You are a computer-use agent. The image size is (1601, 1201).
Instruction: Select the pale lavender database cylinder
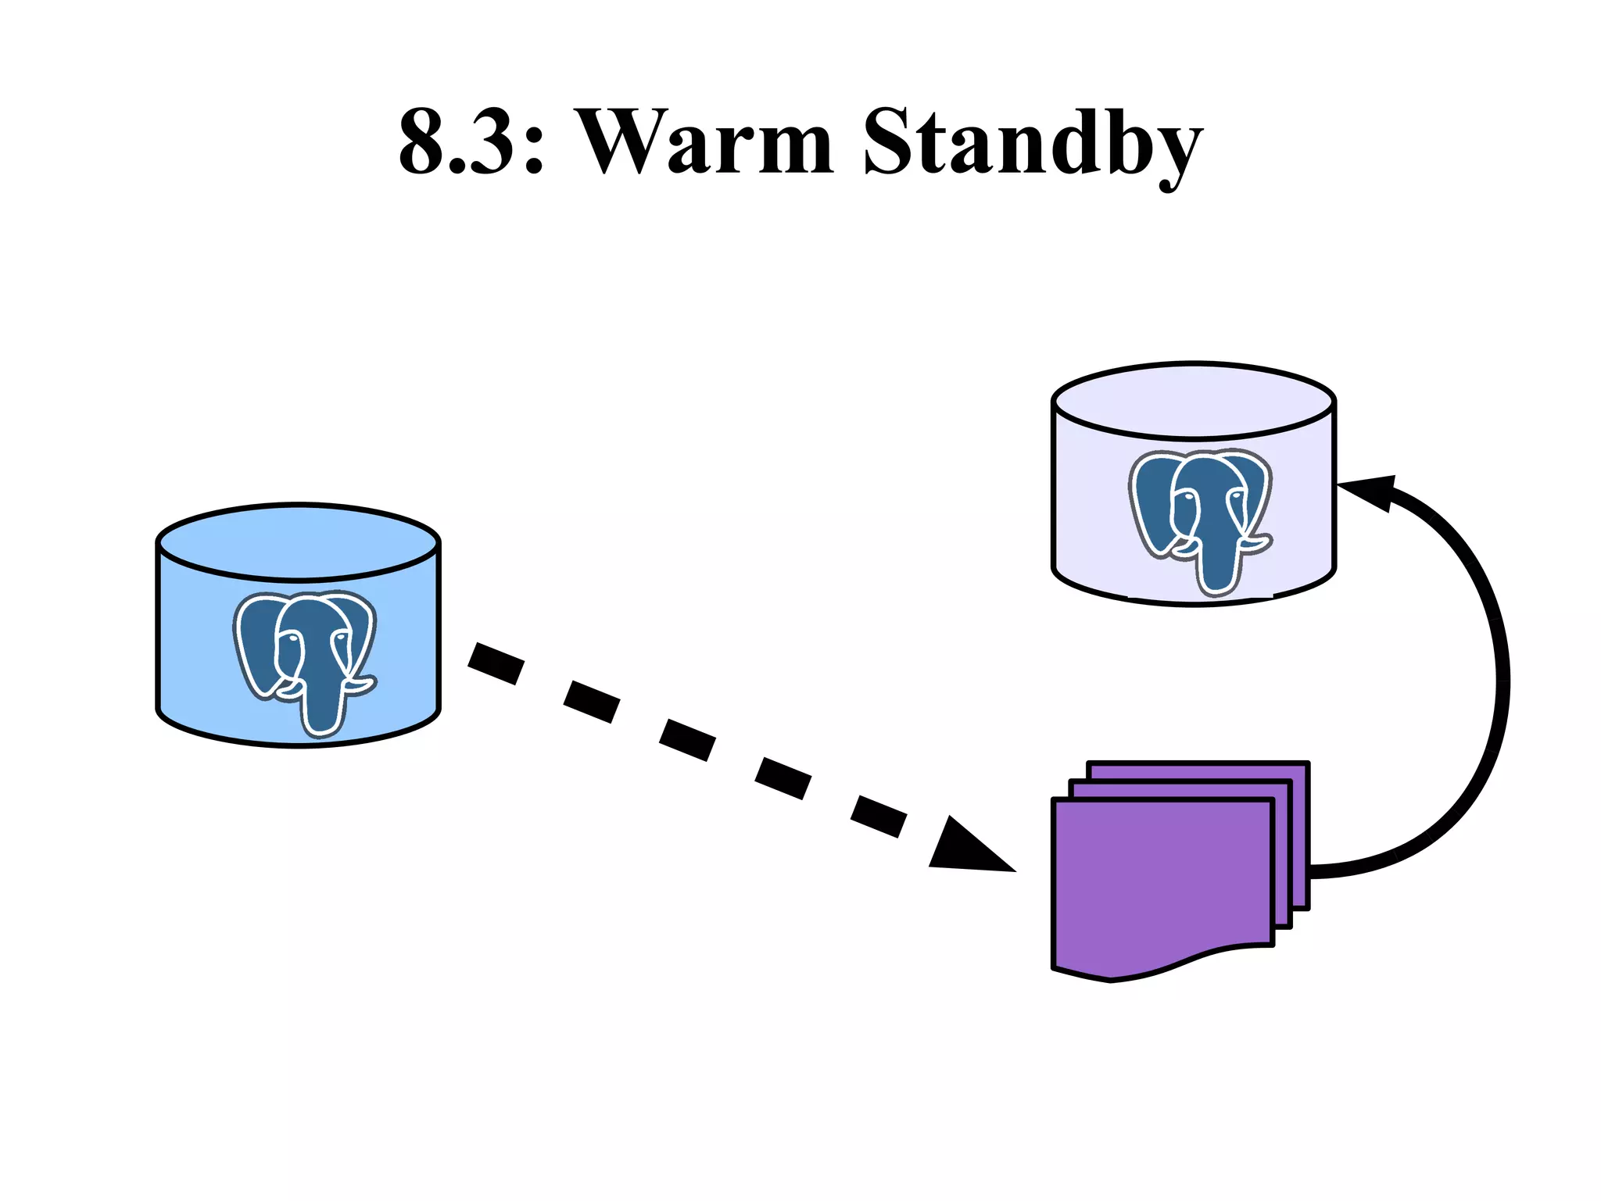click(x=1087, y=508)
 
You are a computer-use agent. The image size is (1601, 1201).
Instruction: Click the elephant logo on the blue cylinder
click(x=305, y=656)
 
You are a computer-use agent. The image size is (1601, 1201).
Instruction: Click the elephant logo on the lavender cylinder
click(x=1200, y=516)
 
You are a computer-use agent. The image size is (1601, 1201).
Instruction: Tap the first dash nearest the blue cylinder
click(x=496, y=663)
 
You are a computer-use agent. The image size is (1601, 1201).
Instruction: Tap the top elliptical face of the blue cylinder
click(x=298, y=542)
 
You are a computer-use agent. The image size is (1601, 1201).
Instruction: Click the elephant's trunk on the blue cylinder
click(x=321, y=711)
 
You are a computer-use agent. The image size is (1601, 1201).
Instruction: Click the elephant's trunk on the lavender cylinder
click(x=1216, y=570)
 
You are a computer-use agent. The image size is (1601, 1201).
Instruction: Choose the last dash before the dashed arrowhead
click(x=879, y=816)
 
